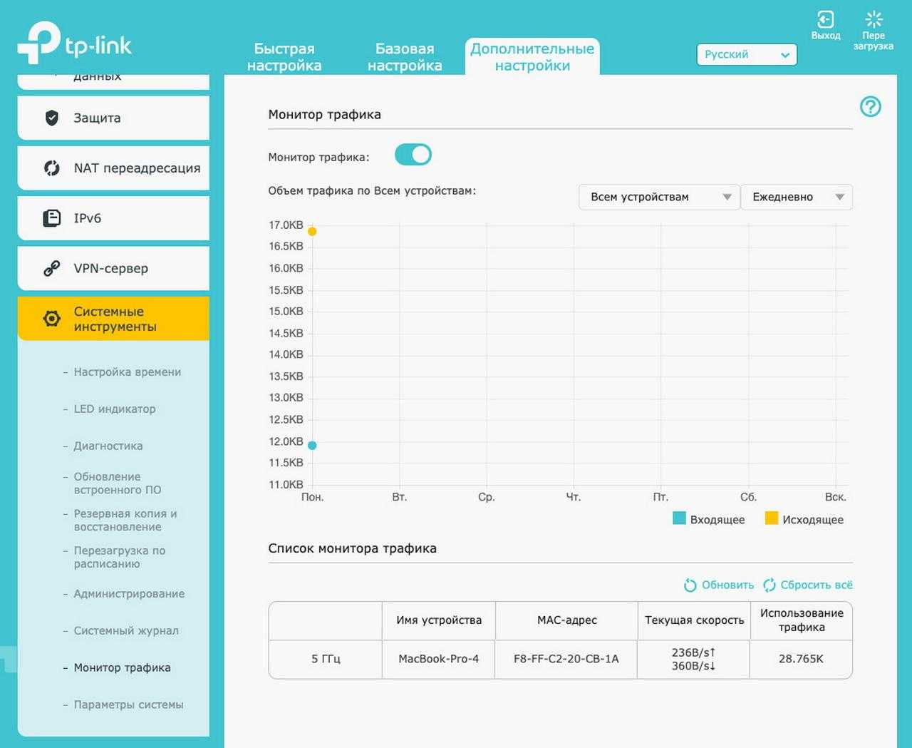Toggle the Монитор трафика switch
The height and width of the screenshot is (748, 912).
pyautogui.click(x=413, y=155)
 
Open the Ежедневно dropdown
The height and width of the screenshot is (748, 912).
pyautogui.click(x=797, y=197)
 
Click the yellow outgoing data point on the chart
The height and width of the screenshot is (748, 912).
pyautogui.click(x=312, y=232)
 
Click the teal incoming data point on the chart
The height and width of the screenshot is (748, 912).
pyautogui.click(x=312, y=445)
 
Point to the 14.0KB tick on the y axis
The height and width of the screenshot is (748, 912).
pyautogui.click(x=286, y=354)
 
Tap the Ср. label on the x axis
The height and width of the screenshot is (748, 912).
pyautogui.click(x=487, y=497)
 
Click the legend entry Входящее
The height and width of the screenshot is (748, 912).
pyautogui.click(x=709, y=519)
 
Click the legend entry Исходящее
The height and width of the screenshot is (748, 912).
pyautogui.click(x=804, y=519)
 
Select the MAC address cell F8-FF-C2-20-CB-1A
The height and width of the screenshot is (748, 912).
pyautogui.click(x=566, y=659)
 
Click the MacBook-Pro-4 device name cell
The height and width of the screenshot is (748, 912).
pyautogui.click(x=439, y=659)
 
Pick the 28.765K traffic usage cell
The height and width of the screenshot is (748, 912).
pyautogui.click(x=801, y=659)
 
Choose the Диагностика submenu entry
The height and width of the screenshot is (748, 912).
pyautogui.click(x=108, y=446)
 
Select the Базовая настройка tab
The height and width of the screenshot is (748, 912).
pyautogui.click(x=405, y=57)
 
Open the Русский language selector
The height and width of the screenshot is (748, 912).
pyautogui.click(x=746, y=55)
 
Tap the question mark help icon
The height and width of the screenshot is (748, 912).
pyautogui.click(x=871, y=107)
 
